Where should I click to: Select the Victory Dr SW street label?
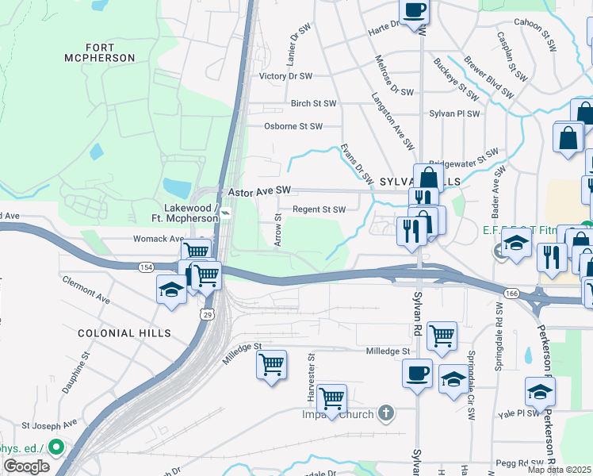click(286, 77)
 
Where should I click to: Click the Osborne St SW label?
click(293, 126)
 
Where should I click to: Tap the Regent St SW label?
click(319, 209)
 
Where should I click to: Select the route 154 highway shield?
click(147, 267)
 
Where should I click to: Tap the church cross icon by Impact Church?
click(385, 413)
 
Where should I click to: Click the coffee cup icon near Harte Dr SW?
click(414, 12)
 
